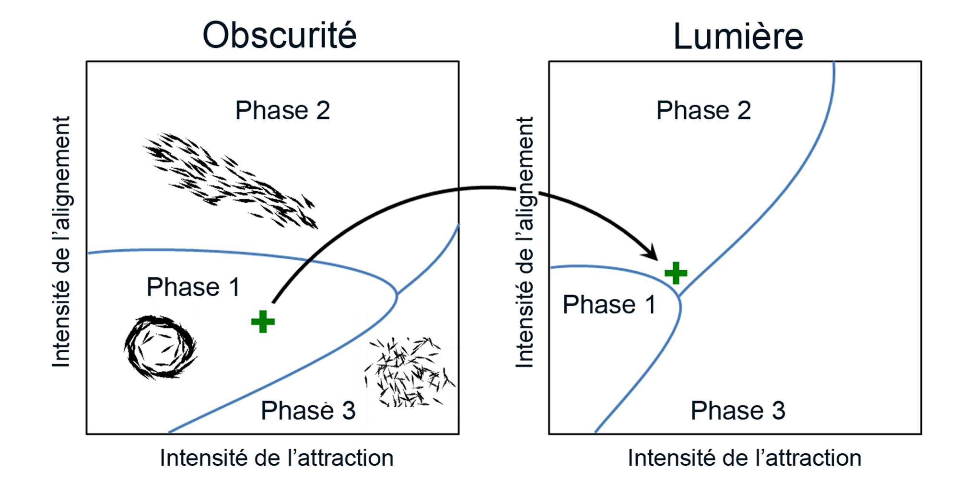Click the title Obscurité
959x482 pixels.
coord(280,35)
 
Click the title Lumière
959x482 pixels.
coord(738,36)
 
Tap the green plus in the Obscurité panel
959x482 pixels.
coord(263,321)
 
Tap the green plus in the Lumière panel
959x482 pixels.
coord(676,273)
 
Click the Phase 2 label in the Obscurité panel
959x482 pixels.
coord(282,110)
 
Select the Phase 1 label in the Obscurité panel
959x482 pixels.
coord(193,287)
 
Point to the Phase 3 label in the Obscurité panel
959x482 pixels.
coord(308,410)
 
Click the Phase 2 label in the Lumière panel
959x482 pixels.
coord(703,110)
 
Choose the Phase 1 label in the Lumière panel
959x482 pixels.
coord(609,304)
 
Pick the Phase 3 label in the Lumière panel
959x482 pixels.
coord(738,410)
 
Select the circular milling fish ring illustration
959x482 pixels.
coord(160,347)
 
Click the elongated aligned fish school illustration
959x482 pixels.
coord(230,181)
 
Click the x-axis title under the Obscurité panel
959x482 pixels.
coord(277,458)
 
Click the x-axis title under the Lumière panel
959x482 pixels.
coord(745,458)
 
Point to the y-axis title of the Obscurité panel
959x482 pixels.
coord(61,242)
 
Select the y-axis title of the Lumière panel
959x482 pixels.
coord(525,242)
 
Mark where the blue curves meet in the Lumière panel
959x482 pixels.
coord(679,297)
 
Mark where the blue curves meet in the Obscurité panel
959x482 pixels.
coord(397,293)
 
